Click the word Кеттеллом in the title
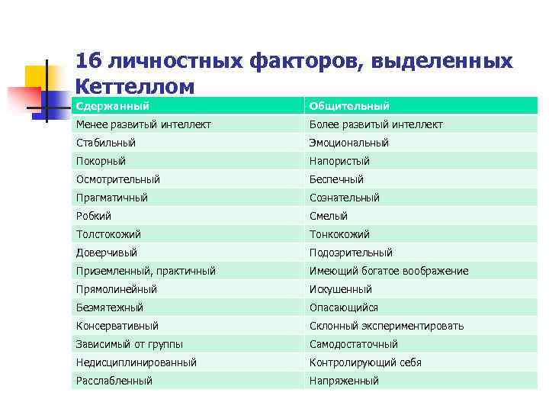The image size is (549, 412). [x=136, y=86]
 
